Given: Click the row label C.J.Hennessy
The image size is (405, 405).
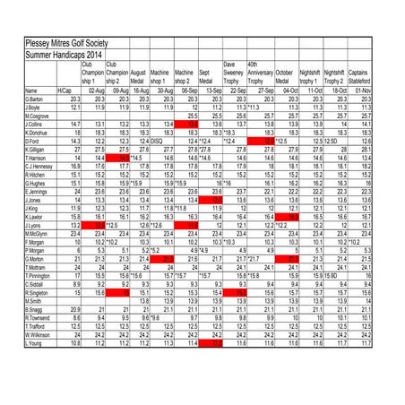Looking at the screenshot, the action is [41, 166].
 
